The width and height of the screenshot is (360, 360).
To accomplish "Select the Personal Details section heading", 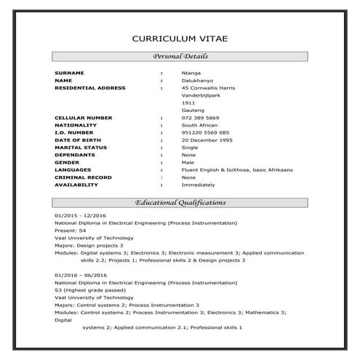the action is [x=180, y=57].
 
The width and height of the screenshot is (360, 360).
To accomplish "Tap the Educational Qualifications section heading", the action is [x=180, y=202].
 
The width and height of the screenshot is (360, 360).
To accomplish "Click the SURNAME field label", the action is [x=70, y=73].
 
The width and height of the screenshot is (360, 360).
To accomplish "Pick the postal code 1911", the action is [x=188, y=103].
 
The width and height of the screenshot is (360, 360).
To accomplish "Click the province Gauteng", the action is [x=191, y=110].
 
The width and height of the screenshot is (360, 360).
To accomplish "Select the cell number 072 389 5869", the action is [x=201, y=118].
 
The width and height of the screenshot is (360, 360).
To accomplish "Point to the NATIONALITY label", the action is [x=76, y=125].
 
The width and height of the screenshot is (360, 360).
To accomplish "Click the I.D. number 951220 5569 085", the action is [x=206, y=132].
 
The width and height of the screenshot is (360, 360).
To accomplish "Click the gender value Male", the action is [x=188, y=162].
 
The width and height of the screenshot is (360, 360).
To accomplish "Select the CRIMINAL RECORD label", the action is [x=82, y=177].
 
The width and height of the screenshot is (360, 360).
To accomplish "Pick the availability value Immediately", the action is [x=198, y=185].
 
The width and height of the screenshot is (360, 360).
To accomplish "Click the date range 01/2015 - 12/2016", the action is [x=81, y=216].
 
